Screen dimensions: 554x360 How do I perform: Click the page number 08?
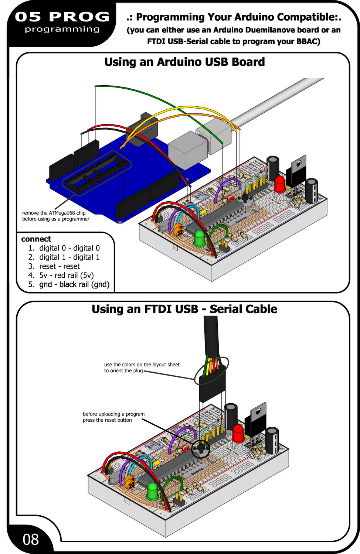[x=31, y=540]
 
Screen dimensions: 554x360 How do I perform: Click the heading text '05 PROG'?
[x=62, y=17]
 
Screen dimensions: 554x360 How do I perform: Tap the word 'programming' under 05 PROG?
[x=62, y=29]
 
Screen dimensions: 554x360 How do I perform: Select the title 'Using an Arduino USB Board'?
[x=184, y=62]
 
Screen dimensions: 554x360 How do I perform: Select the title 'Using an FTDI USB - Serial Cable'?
[x=184, y=309]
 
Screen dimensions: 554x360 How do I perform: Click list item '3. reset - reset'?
[x=54, y=266]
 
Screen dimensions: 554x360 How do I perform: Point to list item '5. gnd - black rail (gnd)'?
[x=69, y=284]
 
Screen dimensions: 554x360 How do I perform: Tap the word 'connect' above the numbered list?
[x=36, y=239]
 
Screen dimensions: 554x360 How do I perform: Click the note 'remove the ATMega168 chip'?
[x=54, y=213]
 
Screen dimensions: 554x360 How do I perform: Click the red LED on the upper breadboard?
[x=280, y=183]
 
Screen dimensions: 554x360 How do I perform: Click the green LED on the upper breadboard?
[x=200, y=238]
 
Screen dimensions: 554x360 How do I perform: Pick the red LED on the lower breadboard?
[x=238, y=432]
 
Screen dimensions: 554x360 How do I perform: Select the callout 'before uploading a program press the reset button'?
[x=113, y=417]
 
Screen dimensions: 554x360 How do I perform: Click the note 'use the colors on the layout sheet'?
[x=142, y=365]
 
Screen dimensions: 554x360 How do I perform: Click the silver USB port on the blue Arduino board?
[x=187, y=150]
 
